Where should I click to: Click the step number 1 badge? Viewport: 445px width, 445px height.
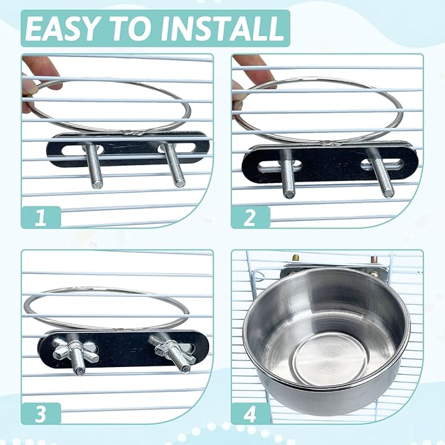point(41,217)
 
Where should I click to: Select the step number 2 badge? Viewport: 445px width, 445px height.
point(250,217)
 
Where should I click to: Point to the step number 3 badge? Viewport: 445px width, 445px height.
point(41,413)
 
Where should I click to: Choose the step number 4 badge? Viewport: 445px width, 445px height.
point(250,413)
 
